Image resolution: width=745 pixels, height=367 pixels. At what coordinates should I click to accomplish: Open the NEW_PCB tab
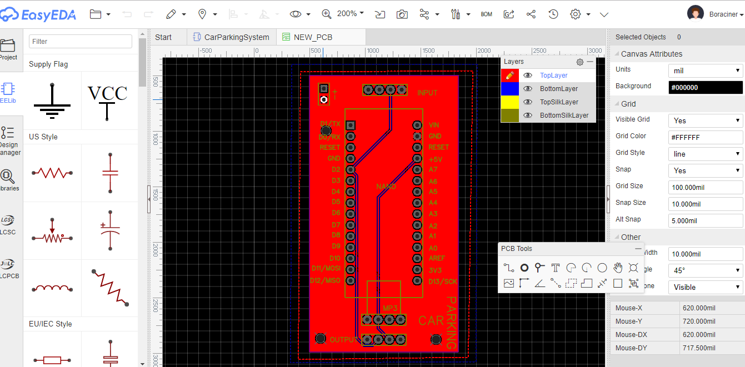click(x=313, y=37)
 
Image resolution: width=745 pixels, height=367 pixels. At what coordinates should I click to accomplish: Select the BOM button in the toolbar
click(x=486, y=14)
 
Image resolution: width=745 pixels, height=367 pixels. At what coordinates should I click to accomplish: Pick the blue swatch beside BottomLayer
click(x=509, y=89)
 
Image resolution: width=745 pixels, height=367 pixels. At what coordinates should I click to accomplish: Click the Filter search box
click(x=81, y=42)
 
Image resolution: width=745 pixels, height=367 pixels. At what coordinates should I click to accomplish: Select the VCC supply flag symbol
click(x=108, y=100)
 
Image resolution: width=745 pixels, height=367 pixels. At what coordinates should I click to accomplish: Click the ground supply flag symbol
click(x=52, y=102)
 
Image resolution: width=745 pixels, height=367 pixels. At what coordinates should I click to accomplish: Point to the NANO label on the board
click(x=386, y=187)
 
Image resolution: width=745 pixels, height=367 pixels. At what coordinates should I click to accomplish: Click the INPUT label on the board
click(x=427, y=93)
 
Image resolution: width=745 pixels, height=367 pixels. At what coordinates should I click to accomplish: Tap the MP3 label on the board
click(x=391, y=308)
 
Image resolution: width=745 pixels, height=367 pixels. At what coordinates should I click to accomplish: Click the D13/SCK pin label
click(x=443, y=281)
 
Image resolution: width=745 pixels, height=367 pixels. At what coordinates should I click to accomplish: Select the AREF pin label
click(x=437, y=258)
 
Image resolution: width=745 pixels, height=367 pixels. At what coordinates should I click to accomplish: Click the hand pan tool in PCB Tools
click(x=618, y=268)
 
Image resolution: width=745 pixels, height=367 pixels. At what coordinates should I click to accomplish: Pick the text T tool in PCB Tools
click(x=556, y=268)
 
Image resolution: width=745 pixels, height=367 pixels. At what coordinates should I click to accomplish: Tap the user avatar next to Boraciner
click(x=696, y=14)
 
